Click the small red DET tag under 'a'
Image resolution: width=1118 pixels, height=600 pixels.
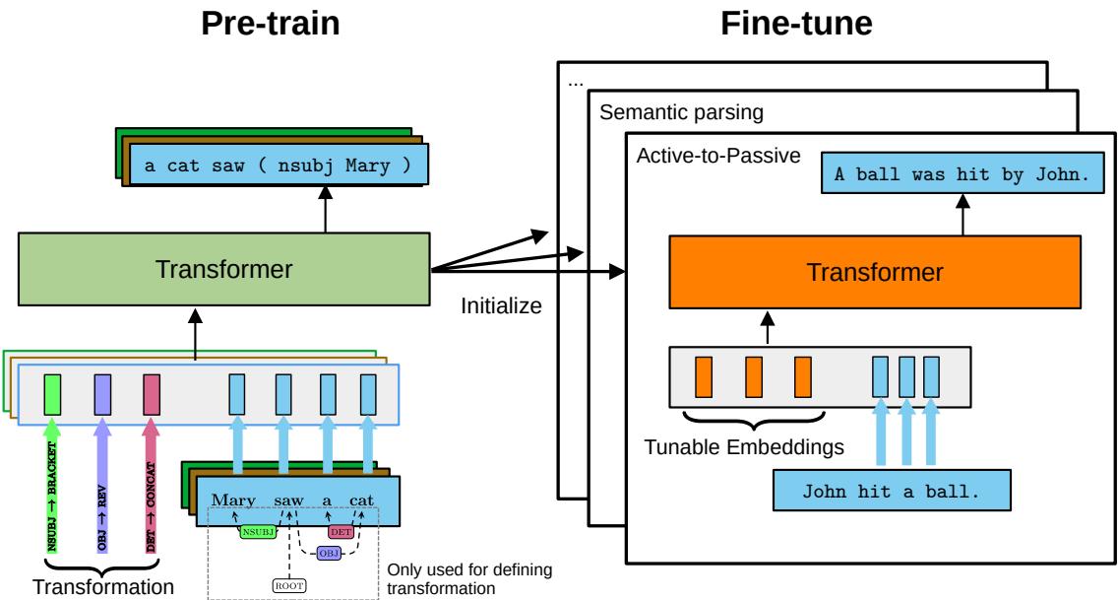pyautogui.click(x=342, y=531)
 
